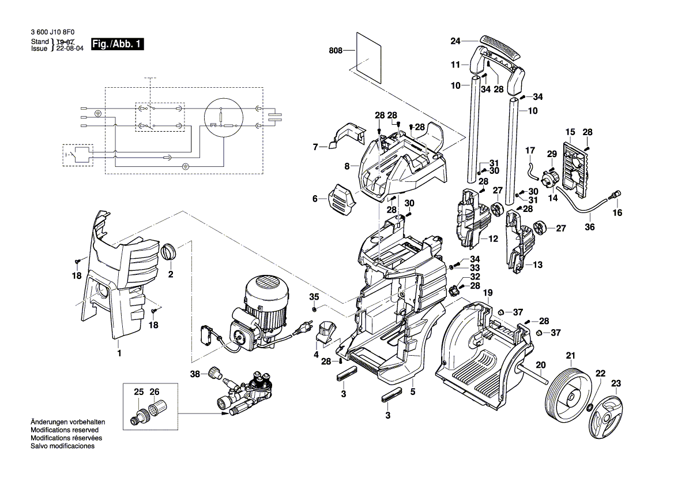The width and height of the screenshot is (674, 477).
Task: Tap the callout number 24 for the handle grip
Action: point(456,41)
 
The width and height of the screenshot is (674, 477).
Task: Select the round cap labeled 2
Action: point(170,252)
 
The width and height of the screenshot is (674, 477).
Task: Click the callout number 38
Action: point(195,374)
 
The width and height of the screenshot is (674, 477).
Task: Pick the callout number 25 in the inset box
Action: point(138,392)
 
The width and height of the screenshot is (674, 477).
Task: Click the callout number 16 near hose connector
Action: point(617,213)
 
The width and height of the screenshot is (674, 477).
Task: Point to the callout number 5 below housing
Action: point(413,392)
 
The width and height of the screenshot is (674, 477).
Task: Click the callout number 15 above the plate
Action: point(570,133)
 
